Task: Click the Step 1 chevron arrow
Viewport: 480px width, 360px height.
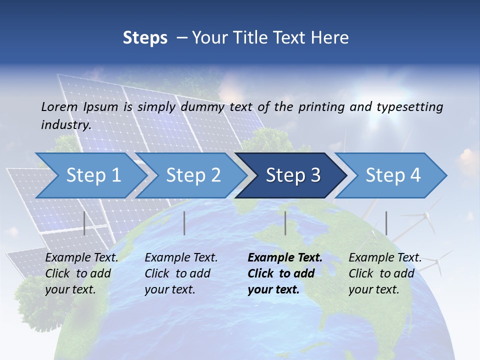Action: pos(93,175)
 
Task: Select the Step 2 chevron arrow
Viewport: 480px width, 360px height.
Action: pos(193,175)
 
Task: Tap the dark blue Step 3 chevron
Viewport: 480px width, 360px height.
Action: pos(293,175)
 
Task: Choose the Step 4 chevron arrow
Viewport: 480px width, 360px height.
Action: pos(393,175)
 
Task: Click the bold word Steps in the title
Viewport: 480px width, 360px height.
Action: pos(145,38)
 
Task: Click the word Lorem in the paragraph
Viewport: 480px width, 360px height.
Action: pos(59,106)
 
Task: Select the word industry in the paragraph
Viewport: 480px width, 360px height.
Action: pos(65,125)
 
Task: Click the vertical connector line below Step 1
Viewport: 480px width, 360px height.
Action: pos(84,223)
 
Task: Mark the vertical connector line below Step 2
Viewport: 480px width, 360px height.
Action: pos(184,223)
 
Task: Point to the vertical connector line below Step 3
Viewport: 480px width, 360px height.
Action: pos(285,223)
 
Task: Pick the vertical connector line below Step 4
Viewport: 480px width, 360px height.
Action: pos(386,223)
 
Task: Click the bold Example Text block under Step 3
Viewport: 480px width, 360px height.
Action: pos(285,273)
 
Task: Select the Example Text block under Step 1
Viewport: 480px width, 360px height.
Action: pos(81,273)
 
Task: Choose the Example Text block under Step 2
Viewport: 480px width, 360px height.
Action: pos(181,273)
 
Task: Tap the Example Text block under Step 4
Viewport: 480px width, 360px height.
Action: pos(385,273)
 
